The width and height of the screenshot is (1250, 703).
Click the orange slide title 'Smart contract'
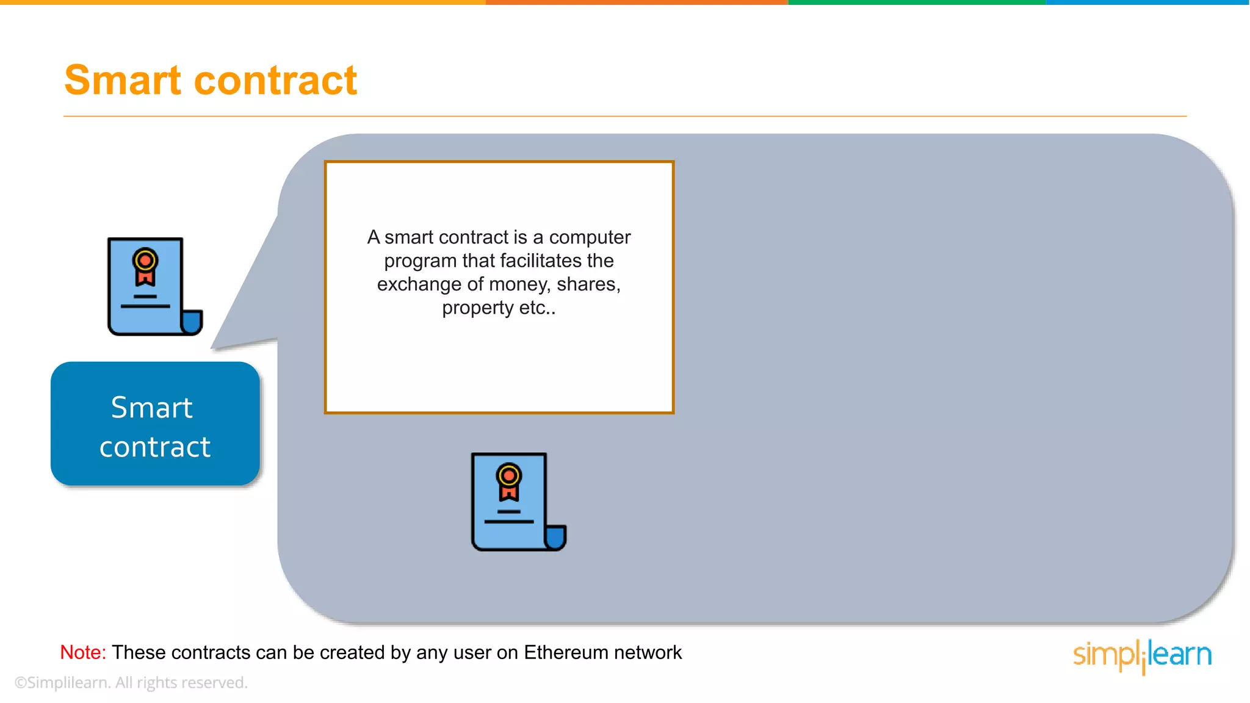coord(211,81)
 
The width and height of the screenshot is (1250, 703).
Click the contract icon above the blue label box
coord(154,286)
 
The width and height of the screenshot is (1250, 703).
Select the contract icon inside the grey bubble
coord(518,502)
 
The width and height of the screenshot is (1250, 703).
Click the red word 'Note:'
coord(83,652)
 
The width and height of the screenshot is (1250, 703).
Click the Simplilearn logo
coord(1142,655)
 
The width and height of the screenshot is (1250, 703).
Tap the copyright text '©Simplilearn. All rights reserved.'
coord(131,682)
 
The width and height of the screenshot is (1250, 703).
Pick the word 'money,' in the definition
coord(520,284)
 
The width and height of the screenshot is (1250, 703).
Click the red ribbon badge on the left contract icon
coord(145,267)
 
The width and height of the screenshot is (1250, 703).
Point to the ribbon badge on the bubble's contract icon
coord(508,482)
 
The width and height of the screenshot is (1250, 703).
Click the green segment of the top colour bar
coord(917,2)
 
